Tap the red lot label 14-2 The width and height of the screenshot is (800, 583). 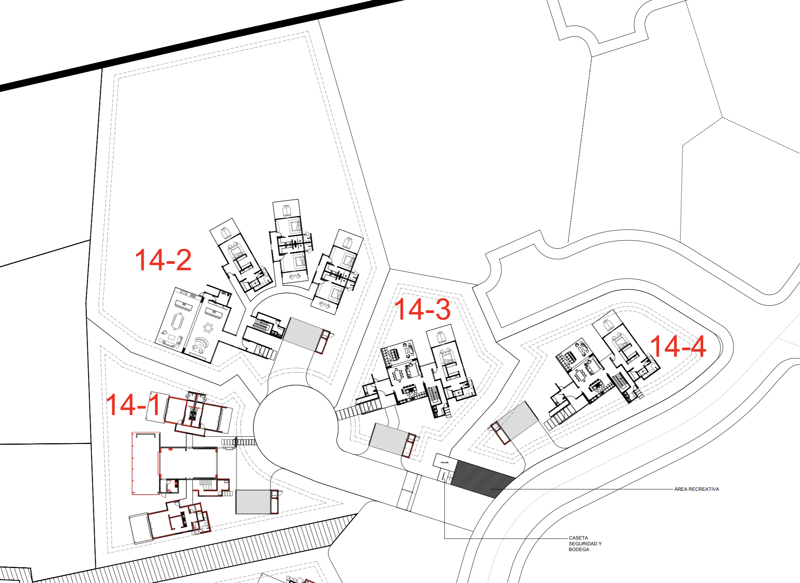pos(163,260)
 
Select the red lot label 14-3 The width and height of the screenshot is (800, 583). pos(422,309)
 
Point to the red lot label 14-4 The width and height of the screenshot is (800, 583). pos(678,346)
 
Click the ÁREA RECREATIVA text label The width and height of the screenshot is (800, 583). pos(696,489)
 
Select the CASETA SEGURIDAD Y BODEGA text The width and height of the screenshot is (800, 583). pos(585,543)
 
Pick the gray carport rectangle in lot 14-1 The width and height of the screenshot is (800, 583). pos(253,502)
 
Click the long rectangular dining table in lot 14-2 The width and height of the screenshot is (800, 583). pos(178,321)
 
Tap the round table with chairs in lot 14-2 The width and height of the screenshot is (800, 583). pos(208,328)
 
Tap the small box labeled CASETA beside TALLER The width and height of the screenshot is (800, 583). pos(443,476)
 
